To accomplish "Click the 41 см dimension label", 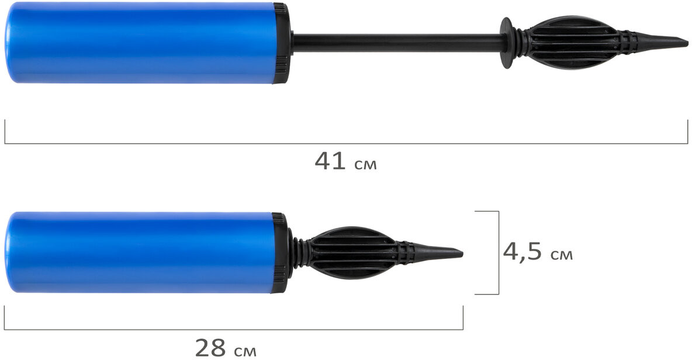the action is click(345, 161).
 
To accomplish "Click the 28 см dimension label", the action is click(226, 348).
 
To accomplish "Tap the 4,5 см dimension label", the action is click(538, 252).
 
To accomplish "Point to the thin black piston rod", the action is click(397, 43).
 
